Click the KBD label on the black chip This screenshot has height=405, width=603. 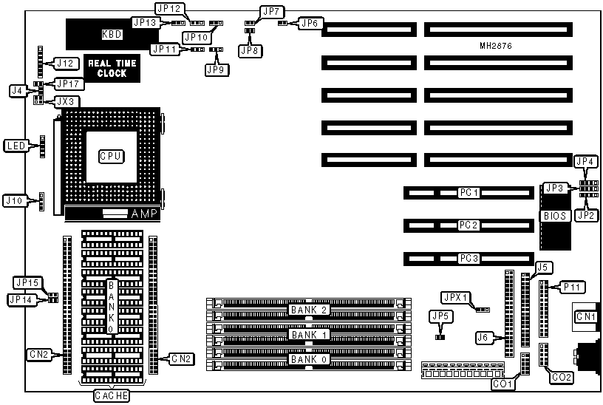coord(112,34)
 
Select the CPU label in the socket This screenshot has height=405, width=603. coord(111,156)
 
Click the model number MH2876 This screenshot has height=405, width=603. coord(496,47)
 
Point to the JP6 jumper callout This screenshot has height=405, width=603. coord(309,24)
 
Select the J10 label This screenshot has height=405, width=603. coord(15,200)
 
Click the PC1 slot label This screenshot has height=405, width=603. coord(469,193)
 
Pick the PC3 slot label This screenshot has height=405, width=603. coord(469,258)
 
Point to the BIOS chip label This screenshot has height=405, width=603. coord(556,217)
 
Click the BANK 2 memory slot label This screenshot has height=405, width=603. coord(309,310)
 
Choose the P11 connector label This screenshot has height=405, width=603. coord(571,285)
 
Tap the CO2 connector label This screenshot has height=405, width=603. coord(562,378)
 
